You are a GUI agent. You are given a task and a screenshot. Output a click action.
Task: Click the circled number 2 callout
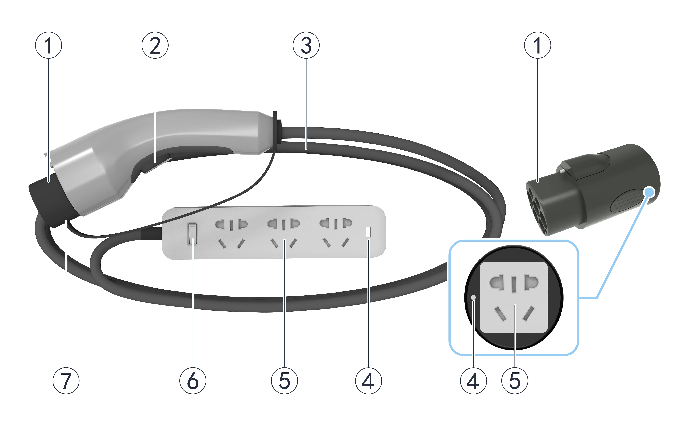[x=155, y=45]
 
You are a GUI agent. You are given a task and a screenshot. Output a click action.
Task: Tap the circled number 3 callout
[x=306, y=45]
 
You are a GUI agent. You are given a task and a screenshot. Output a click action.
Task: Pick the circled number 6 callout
[x=193, y=381]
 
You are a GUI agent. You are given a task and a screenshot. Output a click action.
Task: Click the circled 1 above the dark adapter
[x=538, y=45]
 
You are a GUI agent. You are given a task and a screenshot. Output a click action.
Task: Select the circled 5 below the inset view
[x=515, y=381]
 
